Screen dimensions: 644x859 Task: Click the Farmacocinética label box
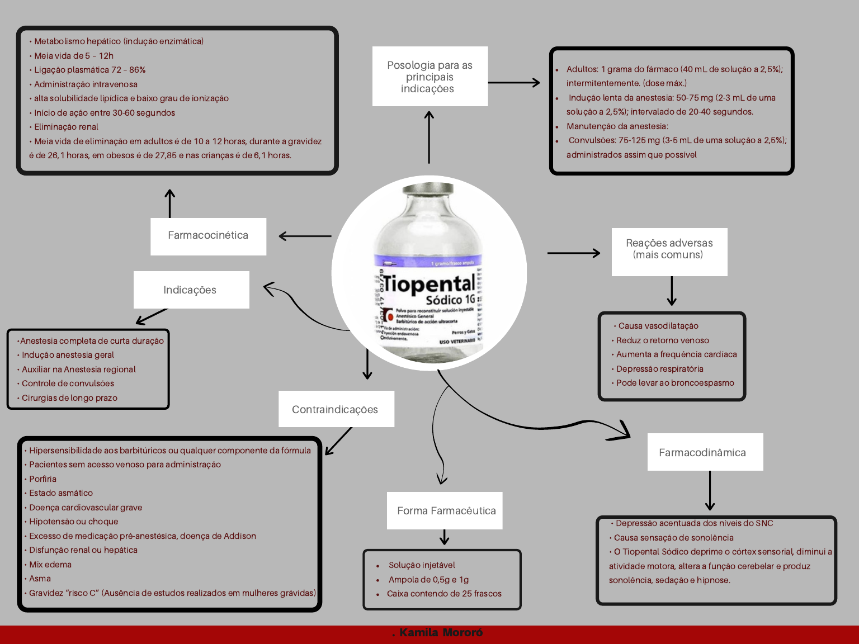tap(208, 236)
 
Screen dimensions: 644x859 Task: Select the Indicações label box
tap(191, 290)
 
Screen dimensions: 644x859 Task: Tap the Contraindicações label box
tap(336, 409)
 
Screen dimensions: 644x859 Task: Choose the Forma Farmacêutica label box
tap(445, 510)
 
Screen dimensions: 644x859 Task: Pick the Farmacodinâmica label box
tap(704, 452)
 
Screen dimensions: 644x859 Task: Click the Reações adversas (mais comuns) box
tap(669, 251)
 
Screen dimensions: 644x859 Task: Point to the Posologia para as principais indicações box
tap(429, 77)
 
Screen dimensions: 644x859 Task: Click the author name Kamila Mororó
tap(441, 633)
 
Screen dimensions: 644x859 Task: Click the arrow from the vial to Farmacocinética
tap(305, 236)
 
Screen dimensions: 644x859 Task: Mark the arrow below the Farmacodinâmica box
tap(710, 490)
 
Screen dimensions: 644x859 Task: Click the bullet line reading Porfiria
tap(43, 479)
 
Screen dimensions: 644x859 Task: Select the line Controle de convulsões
tap(68, 383)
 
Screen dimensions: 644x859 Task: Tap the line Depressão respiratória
tap(659, 369)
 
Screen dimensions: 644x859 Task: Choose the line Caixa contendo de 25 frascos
tap(444, 594)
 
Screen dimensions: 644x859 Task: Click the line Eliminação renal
tap(66, 127)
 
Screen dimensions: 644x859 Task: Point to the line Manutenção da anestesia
tap(617, 126)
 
